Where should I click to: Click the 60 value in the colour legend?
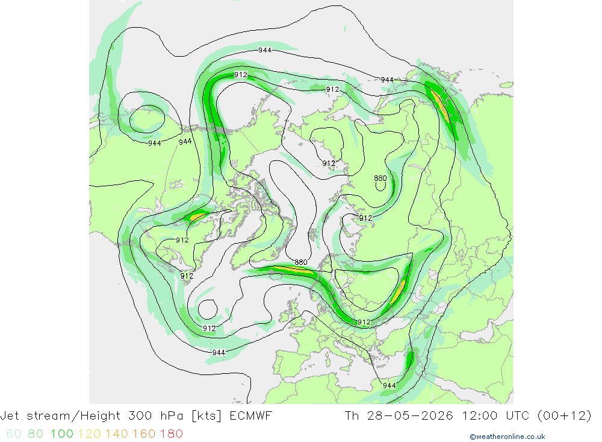click(14, 434)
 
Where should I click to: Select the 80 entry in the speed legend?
click(36, 434)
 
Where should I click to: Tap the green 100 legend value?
click(62, 434)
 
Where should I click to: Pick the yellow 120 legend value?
click(89, 434)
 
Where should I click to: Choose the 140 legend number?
click(117, 434)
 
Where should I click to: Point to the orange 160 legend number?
click(144, 434)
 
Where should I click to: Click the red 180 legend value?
click(171, 434)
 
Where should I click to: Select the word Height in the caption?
click(102, 416)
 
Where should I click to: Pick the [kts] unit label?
click(206, 416)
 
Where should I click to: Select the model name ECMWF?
click(250, 415)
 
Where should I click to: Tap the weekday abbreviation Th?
click(352, 415)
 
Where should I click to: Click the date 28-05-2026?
click(409, 415)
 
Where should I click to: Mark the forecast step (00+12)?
click(564, 416)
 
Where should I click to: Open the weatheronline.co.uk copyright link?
click(507, 437)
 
